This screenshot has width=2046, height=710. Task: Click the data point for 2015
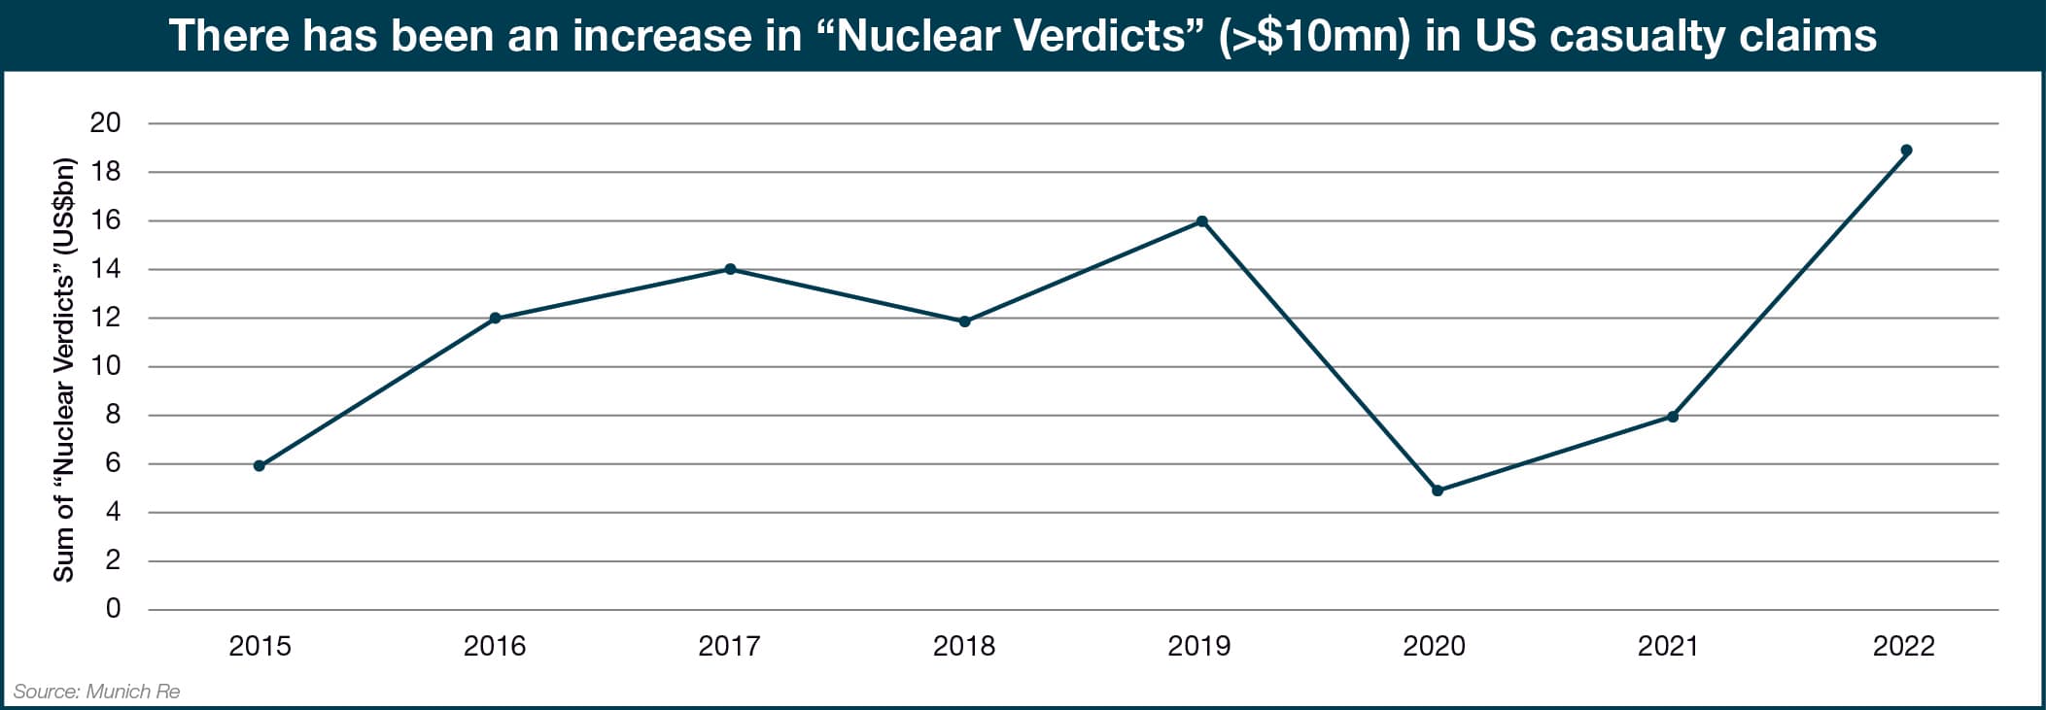[260, 466]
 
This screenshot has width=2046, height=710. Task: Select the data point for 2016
[495, 318]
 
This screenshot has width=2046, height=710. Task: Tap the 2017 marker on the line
[730, 269]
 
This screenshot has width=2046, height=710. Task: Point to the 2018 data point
[964, 321]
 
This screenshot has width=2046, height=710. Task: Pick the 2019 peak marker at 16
[1201, 221]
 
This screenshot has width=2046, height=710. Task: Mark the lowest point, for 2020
[1438, 490]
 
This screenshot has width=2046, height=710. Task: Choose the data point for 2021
[1672, 417]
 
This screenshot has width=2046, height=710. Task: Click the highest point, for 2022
[1906, 151]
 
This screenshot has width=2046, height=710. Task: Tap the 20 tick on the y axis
[105, 122]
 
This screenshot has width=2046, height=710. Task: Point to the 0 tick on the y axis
[113, 609]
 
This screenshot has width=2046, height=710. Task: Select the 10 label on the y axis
[105, 366]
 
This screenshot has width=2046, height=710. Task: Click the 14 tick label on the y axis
[105, 269]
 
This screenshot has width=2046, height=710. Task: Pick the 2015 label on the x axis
[260, 646]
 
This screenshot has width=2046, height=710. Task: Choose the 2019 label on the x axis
[1199, 646]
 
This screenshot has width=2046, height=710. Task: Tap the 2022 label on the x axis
[1904, 646]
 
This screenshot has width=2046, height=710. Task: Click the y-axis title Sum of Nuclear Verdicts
[64, 369]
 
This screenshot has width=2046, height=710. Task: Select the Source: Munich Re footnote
[96, 692]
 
